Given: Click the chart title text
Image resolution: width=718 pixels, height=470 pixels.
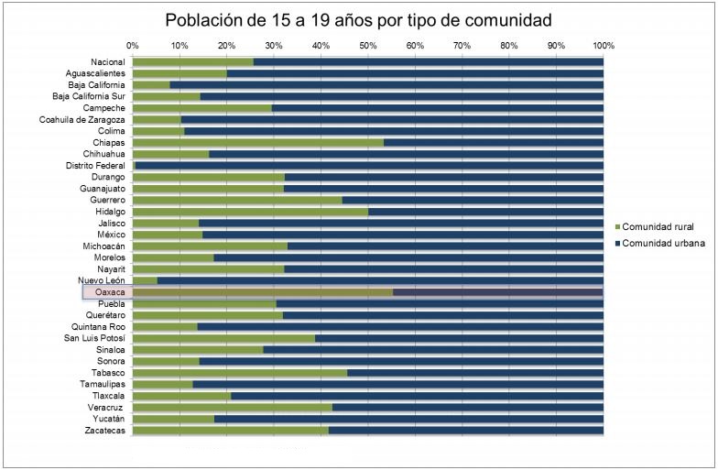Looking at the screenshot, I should tap(358, 20).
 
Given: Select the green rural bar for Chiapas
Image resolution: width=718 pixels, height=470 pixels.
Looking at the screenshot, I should tap(257, 143).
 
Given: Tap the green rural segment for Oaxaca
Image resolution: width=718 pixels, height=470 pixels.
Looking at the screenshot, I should tap(262, 292).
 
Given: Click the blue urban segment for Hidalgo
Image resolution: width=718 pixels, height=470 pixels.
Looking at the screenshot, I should tap(485, 212).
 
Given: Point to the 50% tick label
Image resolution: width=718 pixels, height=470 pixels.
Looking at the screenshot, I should tap(367, 44).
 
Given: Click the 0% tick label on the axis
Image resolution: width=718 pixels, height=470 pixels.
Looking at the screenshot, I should tap(133, 44).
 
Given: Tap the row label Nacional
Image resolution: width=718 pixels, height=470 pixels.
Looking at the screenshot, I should tap(108, 62).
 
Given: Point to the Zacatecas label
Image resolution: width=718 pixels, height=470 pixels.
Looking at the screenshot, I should tap(104, 430).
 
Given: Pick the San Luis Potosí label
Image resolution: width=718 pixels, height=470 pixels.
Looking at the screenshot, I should tap(94, 338).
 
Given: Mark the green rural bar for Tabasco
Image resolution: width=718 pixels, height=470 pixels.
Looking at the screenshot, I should tap(240, 373).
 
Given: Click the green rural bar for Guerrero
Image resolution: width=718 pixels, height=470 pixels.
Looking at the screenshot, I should tap(237, 200).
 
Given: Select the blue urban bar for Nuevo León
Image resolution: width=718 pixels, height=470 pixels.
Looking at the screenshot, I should tap(380, 280).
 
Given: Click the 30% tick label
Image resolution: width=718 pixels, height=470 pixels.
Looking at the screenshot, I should tap(274, 44).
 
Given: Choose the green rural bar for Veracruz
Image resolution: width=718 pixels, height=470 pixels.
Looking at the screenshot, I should tap(232, 407).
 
